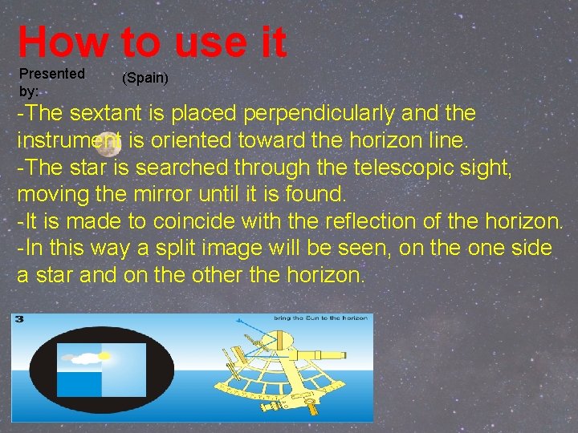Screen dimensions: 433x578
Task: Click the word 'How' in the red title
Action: (62, 42)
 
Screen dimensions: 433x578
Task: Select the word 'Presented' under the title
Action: (51, 74)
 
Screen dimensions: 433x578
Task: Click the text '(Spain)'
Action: (145, 79)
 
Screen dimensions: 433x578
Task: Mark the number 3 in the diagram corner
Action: (19, 319)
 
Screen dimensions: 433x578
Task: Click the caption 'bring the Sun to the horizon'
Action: (320, 318)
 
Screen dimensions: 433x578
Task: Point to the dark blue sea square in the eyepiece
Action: (79, 383)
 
